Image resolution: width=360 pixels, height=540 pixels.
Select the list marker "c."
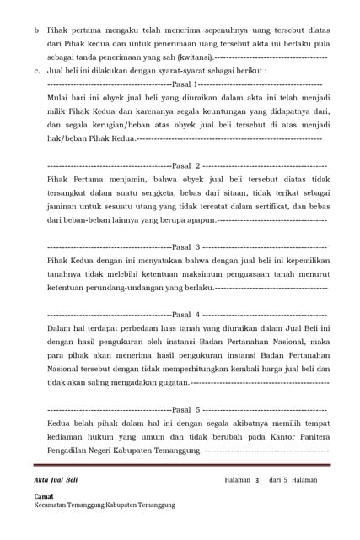[x=37, y=71]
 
